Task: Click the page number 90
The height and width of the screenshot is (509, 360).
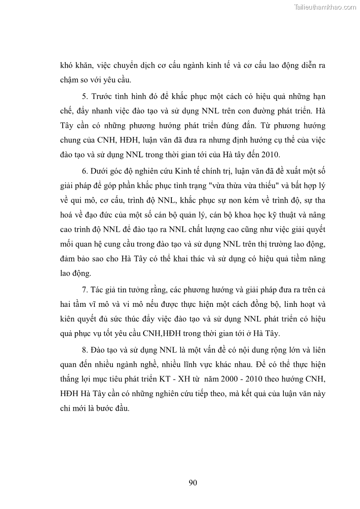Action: tap(193, 482)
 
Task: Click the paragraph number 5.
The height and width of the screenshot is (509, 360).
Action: tap(83, 97)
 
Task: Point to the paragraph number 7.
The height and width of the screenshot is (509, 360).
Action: tap(83, 289)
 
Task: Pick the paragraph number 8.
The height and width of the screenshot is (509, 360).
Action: tap(83, 350)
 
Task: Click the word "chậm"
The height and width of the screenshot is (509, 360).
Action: tap(69, 80)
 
